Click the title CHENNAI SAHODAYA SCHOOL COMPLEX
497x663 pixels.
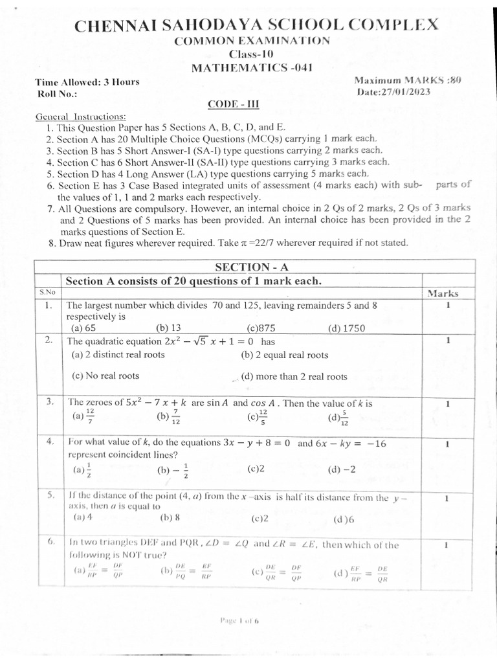[x=256, y=26]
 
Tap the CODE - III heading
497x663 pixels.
[x=233, y=104]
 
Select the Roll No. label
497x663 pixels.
[x=57, y=94]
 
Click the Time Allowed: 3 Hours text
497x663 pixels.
[x=88, y=82]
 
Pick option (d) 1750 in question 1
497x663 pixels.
[x=347, y=328]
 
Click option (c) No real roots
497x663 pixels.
[x=105, y=376]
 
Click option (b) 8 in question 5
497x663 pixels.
[x=170, y=518]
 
